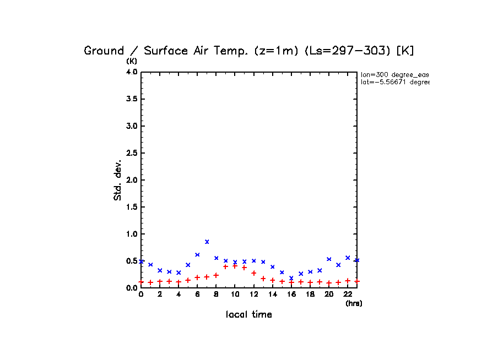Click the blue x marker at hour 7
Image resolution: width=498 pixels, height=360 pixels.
coord(207,242)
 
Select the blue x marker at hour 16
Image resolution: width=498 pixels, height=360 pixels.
coord(291,278)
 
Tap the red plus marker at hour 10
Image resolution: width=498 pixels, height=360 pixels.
coord(235,266)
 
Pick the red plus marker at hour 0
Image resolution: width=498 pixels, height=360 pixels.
coord(141,282)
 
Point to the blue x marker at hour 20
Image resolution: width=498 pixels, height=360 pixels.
coord(329,259)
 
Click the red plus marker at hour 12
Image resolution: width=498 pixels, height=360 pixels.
coord(254,273)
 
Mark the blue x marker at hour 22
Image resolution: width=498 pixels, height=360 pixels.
coord(348,258)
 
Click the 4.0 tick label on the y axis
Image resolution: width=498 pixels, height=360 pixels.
coord(131,72)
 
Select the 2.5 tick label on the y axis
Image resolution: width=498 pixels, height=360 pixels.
coord(131,153)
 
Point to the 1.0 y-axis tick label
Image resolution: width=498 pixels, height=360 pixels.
coord(131,234)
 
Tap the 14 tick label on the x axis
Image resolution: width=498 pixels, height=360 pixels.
coord(273,294)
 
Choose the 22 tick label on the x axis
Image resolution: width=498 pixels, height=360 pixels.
coord(348,294)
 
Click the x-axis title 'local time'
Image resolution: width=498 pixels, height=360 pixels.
coord(249,315)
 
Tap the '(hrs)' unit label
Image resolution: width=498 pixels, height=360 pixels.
coord(354,303)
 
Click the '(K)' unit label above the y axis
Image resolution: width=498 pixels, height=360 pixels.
coord(132,61)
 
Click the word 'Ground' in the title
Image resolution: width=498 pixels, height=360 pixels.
coord(104,51)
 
